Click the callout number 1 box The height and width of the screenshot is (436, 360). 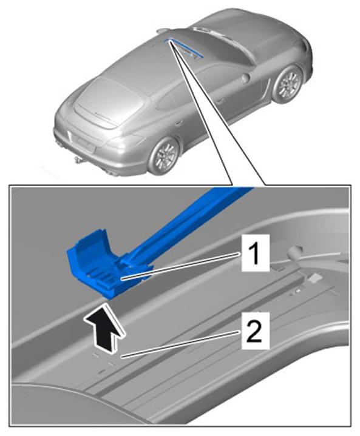[x=256, y=253]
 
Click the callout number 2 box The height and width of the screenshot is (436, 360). [x=256, y=330]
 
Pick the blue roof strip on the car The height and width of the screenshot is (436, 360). [x=184, y=48]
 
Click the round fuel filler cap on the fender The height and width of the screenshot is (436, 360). [x=246, y=78]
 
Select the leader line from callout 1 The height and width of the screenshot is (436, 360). [x=180, y=266]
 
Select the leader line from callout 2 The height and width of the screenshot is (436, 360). [x=180, y=344]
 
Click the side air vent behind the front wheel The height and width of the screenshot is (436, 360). [x=267, y=89]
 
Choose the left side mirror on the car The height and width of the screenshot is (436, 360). [x=163, y=30]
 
